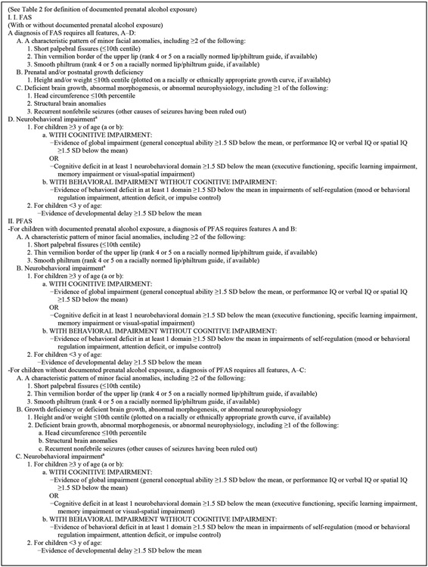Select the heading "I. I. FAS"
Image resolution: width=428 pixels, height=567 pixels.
tap(22, 17)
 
